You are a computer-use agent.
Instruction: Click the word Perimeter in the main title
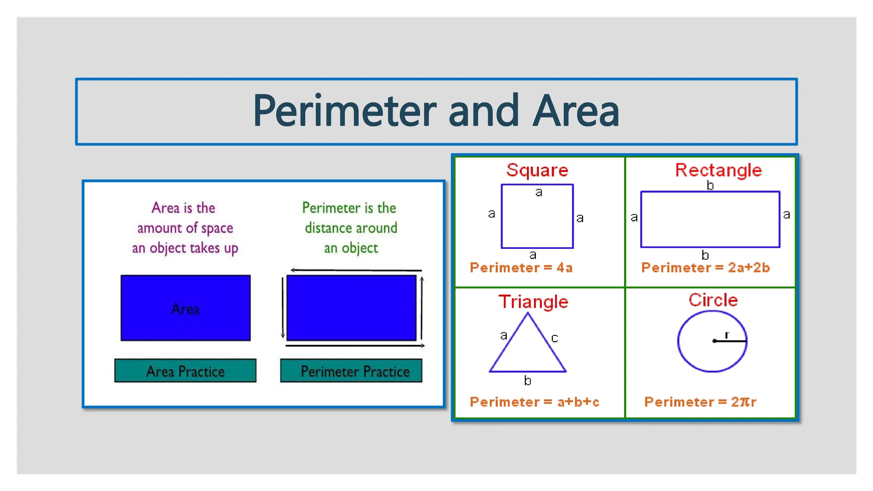coord(344,111)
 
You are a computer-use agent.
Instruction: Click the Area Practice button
coord(185,371)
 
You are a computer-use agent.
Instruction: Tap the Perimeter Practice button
coord(351,371)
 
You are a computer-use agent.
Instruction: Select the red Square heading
coord(537,170)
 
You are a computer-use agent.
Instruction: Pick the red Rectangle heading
coord(718,170)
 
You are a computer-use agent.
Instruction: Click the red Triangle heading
coord(533,302)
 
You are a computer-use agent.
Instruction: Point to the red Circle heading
coord(713,300)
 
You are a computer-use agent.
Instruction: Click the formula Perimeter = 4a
coord(521,268)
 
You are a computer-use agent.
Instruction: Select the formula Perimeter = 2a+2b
coord(705,268)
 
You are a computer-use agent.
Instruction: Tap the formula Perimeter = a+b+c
coord(534,402)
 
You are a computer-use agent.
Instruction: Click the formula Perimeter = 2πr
coord(700,402)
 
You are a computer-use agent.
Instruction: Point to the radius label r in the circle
coord(727,335)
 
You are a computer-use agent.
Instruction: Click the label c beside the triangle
coord(555,338)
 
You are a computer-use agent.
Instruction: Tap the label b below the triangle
coord(528,380)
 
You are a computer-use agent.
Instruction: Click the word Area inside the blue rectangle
coord(185,309)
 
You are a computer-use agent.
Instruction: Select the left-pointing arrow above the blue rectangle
coord(294,270)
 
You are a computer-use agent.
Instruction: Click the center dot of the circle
coord(714,341)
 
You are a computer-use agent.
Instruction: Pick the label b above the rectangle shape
coord(710,185)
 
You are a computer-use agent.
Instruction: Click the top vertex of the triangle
coord(528,314)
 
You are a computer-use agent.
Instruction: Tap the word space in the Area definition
coord(217,228)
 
